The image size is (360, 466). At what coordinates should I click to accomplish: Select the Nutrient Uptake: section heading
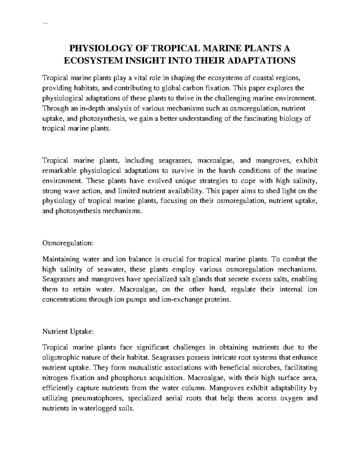pos(68,332)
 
